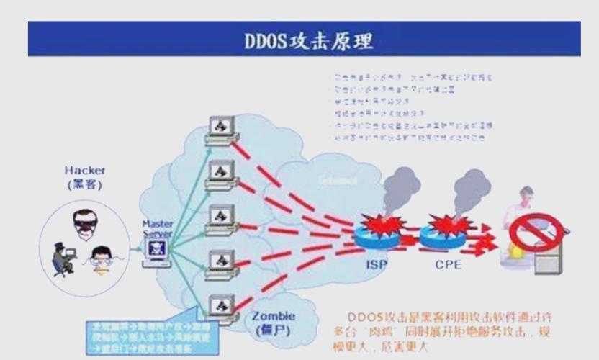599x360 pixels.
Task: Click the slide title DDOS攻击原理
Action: (x=310, y=40)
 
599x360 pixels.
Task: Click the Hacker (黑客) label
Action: (x=84, y=177)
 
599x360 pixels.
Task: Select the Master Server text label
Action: (x=157, y=229)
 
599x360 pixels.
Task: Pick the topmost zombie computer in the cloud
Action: (x=219, y=129)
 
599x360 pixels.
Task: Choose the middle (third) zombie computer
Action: (x=219, y=218)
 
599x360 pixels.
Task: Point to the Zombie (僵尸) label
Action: (x=274, y=323)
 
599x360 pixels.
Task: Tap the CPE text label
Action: (x=448, y=264)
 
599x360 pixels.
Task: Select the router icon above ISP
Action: (x=377, y=233)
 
